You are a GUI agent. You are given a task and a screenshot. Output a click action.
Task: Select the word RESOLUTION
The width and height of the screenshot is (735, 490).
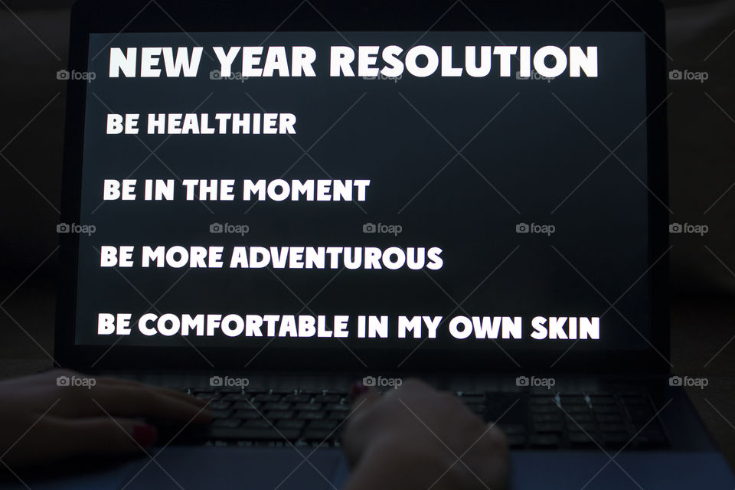click(463, 62)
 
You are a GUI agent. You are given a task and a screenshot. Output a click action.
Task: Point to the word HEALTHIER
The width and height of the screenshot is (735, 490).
click(221, 124)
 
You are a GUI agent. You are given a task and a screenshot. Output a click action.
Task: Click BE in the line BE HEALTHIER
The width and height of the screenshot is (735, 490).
click(122, 124)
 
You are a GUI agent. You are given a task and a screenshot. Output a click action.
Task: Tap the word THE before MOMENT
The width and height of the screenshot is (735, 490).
click(209, 190)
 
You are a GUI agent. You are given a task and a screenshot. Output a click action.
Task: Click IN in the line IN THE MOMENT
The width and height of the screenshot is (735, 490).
click(159, 190)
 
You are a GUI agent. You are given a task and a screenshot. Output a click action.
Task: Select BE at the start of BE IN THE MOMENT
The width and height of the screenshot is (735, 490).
click(119, 190)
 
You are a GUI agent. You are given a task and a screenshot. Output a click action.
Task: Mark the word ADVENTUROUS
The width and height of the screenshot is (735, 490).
click(336, 258)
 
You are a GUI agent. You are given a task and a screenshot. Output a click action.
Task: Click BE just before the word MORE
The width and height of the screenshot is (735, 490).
click(116, 257)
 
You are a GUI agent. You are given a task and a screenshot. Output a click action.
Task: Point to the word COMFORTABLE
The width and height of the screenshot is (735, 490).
click(243, 326)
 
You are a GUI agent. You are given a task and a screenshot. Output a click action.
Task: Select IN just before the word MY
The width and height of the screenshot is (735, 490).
click(373, 327)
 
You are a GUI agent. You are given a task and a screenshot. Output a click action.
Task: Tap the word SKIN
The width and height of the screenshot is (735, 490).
click(565, 328)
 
